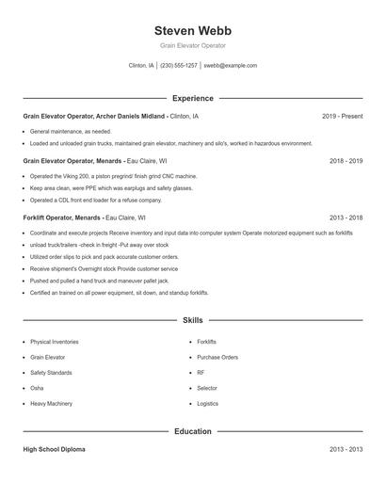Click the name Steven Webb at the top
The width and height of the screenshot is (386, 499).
[192, 30]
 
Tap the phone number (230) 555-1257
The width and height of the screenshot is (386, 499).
[179, 66]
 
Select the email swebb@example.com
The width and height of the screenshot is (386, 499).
[230, 66]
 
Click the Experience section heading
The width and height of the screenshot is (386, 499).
[192, 98]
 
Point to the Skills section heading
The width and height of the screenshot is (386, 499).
[192, 321]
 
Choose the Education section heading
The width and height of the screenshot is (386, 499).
[192, 431]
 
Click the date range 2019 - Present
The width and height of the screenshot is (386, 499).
[342, 116]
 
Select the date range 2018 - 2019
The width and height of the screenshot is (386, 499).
[346, 161]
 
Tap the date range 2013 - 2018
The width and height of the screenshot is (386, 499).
[346, 217]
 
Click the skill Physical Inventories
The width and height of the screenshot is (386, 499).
[55, 342]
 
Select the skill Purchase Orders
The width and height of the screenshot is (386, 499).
[217, 357]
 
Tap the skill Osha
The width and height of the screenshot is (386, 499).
[37, 387]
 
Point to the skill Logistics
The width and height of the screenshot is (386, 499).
[207, 402]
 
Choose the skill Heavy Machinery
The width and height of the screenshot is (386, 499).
[50, 402]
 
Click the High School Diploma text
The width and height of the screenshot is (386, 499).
[54, 449]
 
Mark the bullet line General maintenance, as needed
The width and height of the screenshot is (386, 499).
[70, 131]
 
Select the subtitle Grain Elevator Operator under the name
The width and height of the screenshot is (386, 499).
[192, 45]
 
